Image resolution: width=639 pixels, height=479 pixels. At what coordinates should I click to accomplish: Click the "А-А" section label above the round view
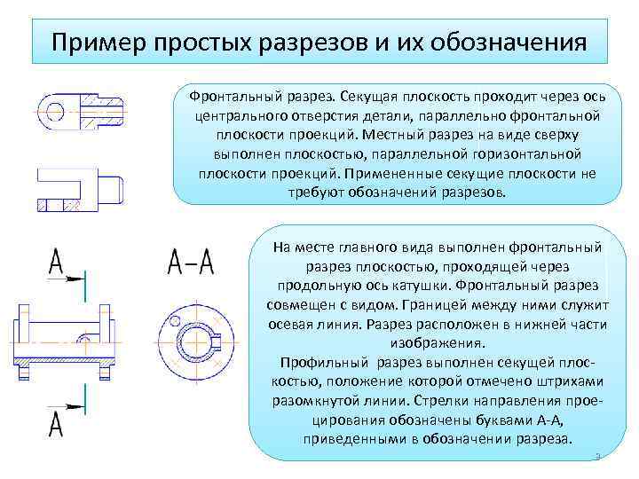coord(191,262)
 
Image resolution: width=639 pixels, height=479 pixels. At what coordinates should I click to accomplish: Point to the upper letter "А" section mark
coord(56,262)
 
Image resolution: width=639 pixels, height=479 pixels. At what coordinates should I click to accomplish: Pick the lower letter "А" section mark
coord(56,424)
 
